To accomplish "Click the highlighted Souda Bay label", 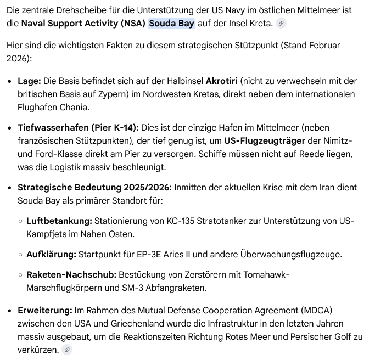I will pyautogui.click(x=171, y=24).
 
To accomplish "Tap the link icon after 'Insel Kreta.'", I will pyautogui.click(x=281, y=24).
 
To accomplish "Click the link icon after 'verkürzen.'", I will pyautogui.click(x=67, y=350).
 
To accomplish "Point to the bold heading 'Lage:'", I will pyautogui.click(x=29, y=81).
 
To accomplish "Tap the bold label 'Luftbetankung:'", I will pyautogui.click(x=59, y=221).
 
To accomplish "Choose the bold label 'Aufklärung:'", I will pyautogui.click(x=51, y=255).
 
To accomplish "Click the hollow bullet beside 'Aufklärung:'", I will pyautogui.click(x=20, y=255).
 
